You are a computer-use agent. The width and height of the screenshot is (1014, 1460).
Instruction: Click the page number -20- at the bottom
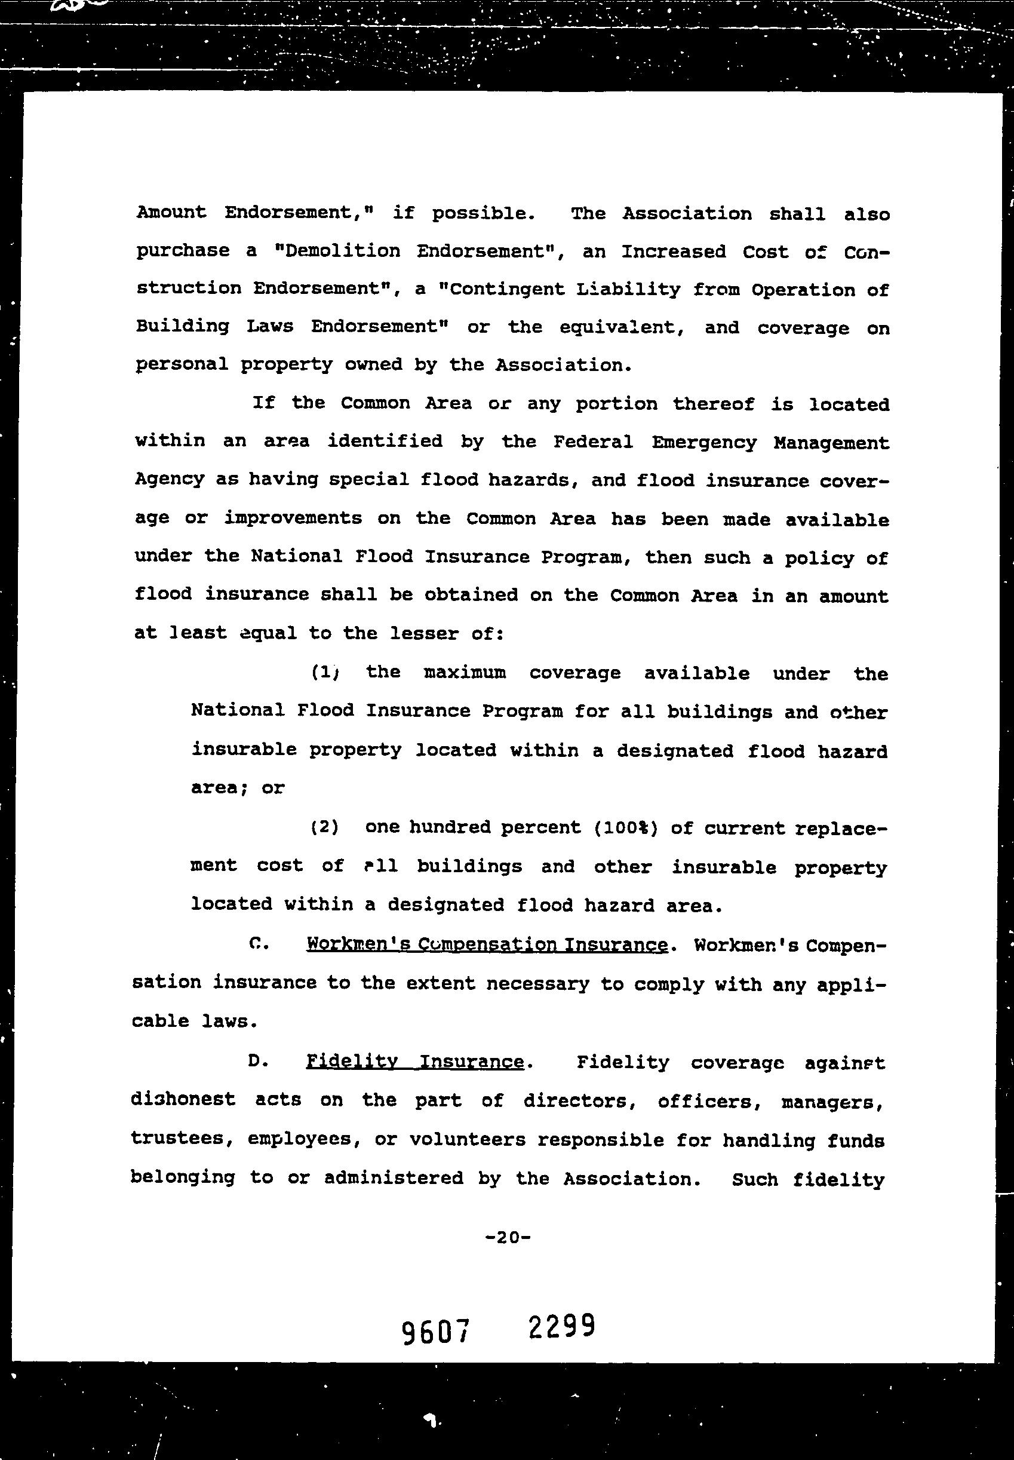pos(507,1237)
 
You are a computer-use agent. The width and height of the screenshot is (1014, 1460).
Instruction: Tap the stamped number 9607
pos(436,1332)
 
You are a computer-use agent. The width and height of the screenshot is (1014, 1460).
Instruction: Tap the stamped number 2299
pos(561,1327)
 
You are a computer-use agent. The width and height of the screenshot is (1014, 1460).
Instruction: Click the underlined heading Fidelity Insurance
pos(415,1062)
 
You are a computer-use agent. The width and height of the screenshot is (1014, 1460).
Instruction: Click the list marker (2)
pos(324,827)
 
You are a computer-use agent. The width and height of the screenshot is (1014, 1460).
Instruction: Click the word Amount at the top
pos(171,211)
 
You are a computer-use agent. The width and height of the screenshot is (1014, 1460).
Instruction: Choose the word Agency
pos(169,479)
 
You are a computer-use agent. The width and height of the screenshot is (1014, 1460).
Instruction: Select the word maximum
pos(465,673)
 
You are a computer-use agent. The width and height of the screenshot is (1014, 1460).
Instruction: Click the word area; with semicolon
pos(219,788)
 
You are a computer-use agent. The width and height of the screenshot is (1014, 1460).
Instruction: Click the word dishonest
pos(183,1100)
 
